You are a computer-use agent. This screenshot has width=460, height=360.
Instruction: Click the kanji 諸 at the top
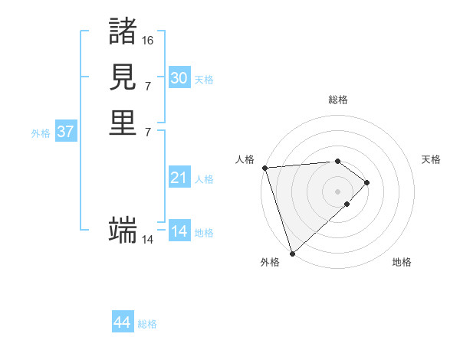click(123, 31)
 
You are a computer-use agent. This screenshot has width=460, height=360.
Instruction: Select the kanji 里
click(123, 123)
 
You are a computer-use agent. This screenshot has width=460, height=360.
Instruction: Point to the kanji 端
click(123, 229)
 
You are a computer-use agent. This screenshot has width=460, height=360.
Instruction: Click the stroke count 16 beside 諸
click(148, 40)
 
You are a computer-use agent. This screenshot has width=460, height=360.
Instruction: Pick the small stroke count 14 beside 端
click(148, 239)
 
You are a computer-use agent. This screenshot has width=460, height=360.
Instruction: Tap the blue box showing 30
click(179, 78)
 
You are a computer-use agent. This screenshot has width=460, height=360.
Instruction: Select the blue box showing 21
click(179, 178)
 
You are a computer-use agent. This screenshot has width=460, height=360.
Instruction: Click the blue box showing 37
click(66, 132)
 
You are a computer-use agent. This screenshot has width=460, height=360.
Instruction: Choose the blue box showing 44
click(123, 322)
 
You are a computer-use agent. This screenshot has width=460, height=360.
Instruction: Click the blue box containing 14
click(179, 231)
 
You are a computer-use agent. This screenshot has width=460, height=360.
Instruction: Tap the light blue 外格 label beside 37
click(41, 133)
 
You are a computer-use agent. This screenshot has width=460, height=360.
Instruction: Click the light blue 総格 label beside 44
click(147, 324)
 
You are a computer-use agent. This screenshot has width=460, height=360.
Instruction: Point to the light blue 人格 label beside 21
click(204, 179)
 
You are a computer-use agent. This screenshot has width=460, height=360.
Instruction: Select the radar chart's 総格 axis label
click(338, 100)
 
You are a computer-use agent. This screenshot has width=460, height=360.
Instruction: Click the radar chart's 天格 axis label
click(432, 159)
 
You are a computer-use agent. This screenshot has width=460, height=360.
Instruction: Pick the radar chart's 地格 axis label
click(402, 262)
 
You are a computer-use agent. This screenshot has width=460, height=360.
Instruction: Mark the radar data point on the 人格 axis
click(264, 168)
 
